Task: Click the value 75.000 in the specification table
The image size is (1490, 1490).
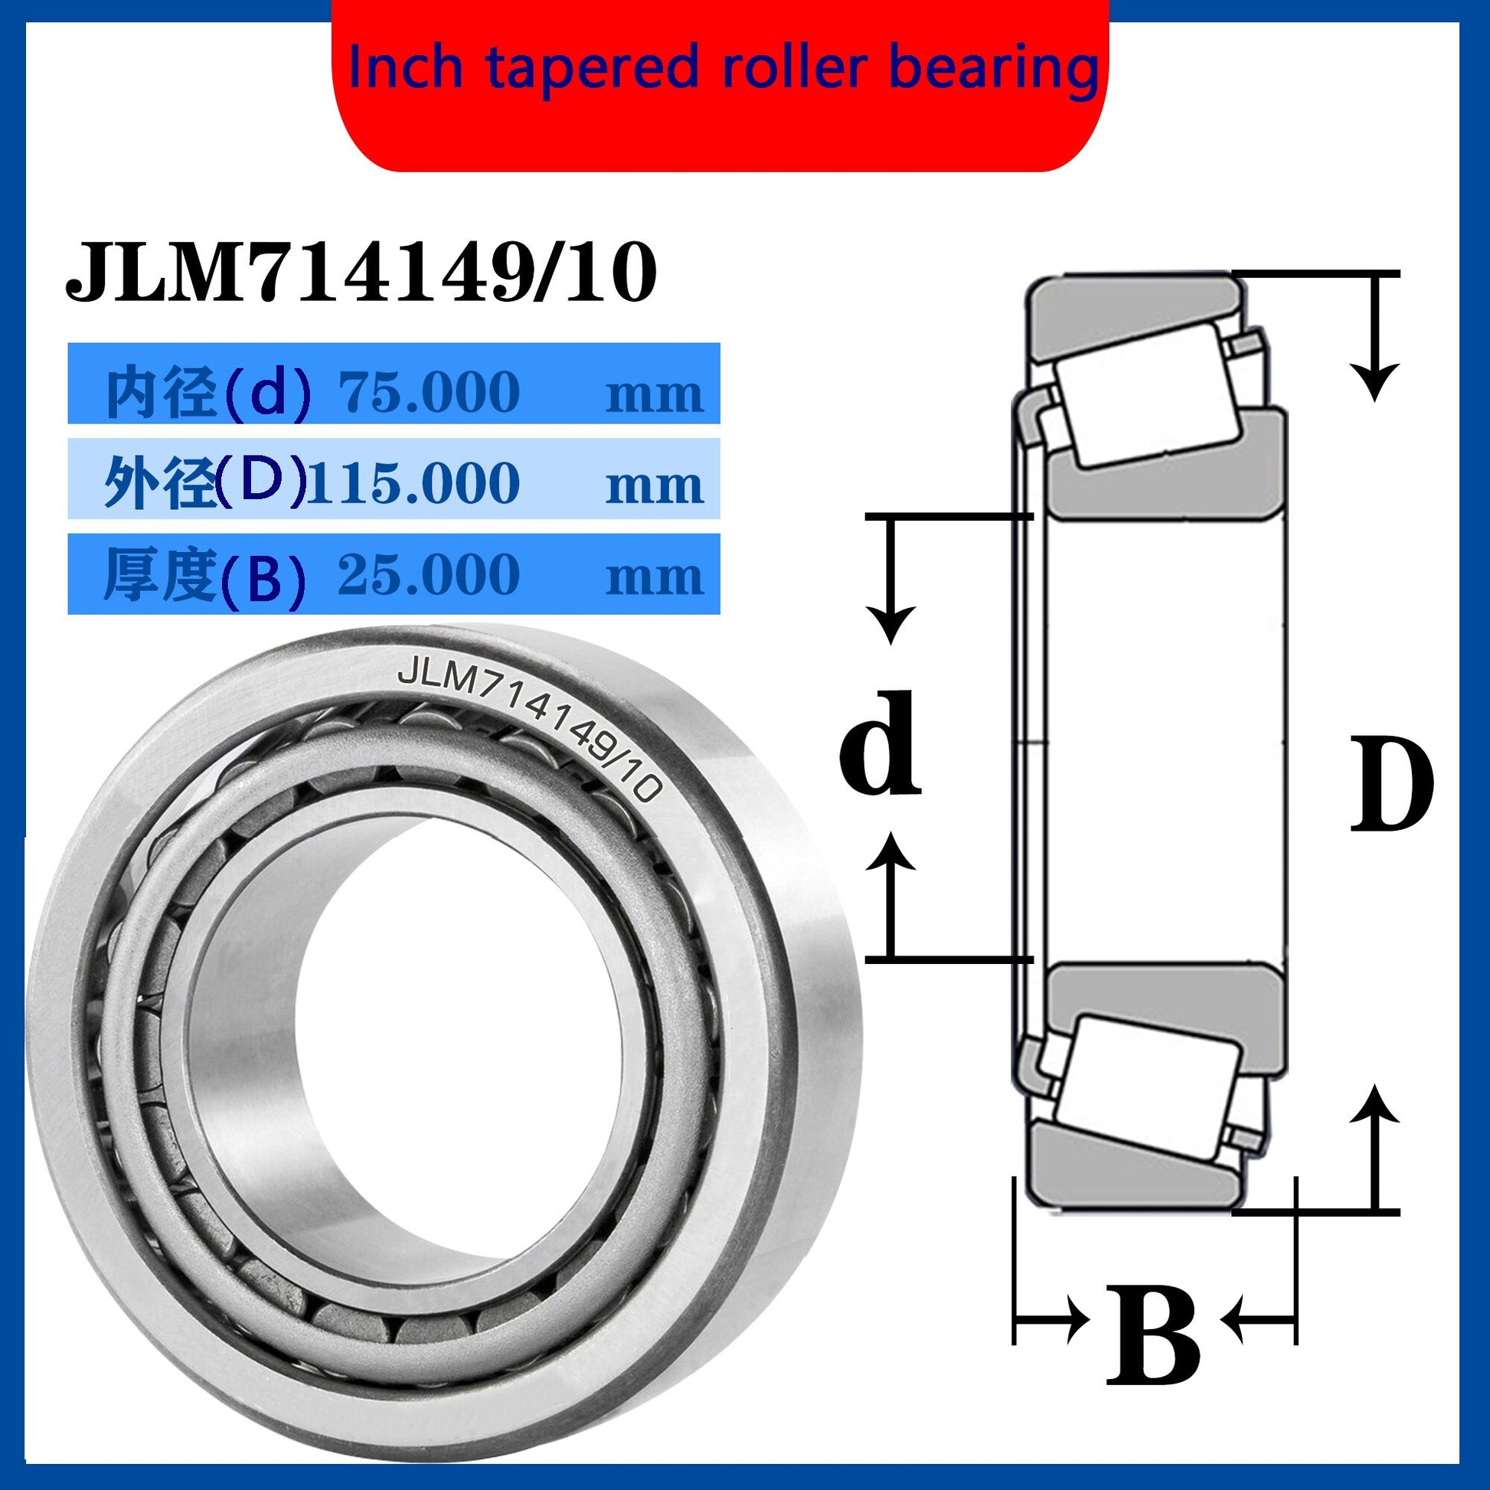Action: pos(429,392)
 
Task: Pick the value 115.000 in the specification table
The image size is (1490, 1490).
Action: pos(413,484)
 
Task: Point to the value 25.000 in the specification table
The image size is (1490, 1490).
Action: pos(429,574)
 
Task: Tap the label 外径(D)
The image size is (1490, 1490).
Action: pos(204,484)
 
